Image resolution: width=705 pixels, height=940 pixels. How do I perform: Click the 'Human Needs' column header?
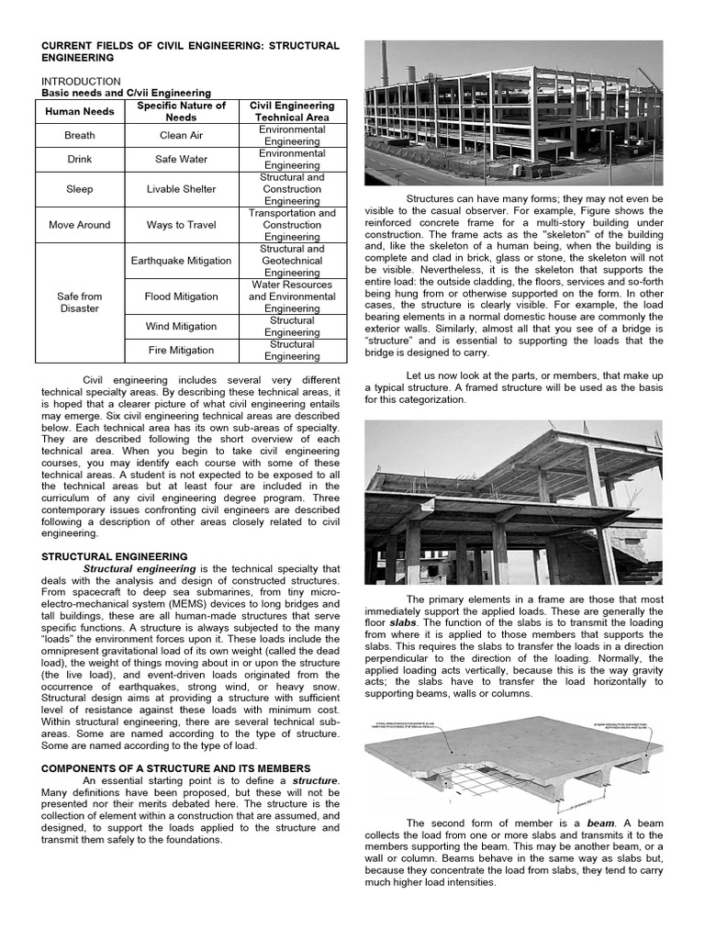(x=80, y=112)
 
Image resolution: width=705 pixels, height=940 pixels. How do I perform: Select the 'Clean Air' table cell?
(x=181, y=135)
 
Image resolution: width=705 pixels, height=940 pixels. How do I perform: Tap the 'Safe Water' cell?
(x=181, y=159)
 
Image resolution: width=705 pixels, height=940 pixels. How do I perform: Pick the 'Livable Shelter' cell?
(x=181, y=189)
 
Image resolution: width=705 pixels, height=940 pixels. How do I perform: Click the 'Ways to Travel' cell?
(x=181, y=225)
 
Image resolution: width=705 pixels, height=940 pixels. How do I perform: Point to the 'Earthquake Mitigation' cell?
(x=181, y=261)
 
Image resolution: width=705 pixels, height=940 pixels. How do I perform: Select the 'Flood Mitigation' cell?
(x=181, y=297)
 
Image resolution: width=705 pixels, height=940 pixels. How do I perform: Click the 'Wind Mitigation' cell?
(x=181, y=326)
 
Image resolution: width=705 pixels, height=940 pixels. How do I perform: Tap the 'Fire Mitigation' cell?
(x=181, y=350)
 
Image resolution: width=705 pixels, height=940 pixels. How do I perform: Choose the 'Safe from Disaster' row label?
(x=80, y=302)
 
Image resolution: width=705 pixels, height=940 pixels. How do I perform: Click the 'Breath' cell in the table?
(x=80, y=135)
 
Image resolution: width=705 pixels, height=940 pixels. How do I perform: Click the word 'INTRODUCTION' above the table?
(x=81, y=81)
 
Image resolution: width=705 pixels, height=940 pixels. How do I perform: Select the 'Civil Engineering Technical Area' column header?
(x=292, y=112)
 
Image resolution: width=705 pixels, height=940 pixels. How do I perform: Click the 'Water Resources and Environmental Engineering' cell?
(x=292, y=297)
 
